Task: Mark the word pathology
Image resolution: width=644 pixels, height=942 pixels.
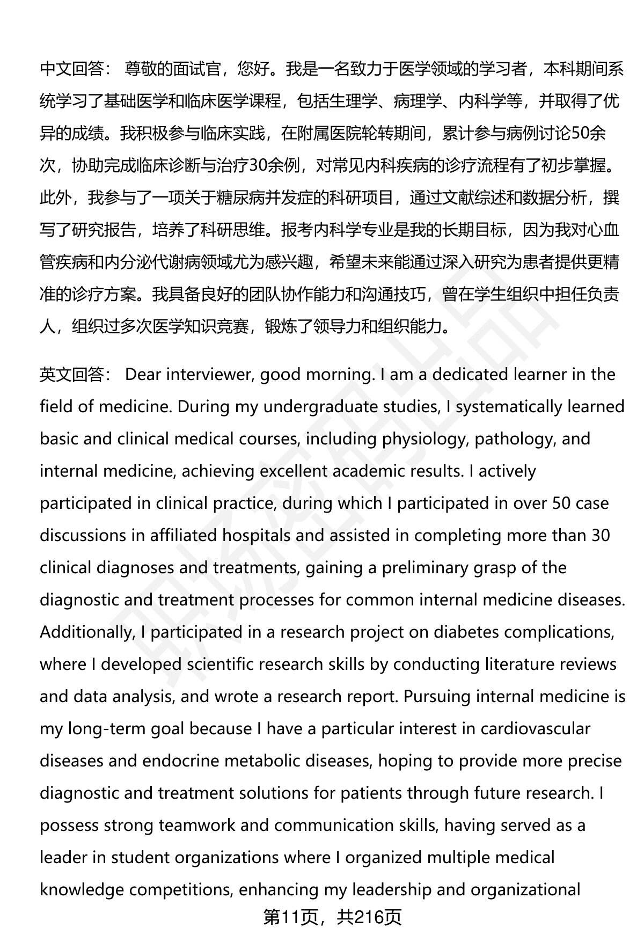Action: point(517,439)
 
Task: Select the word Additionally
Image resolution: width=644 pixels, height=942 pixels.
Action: point(86,632)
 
